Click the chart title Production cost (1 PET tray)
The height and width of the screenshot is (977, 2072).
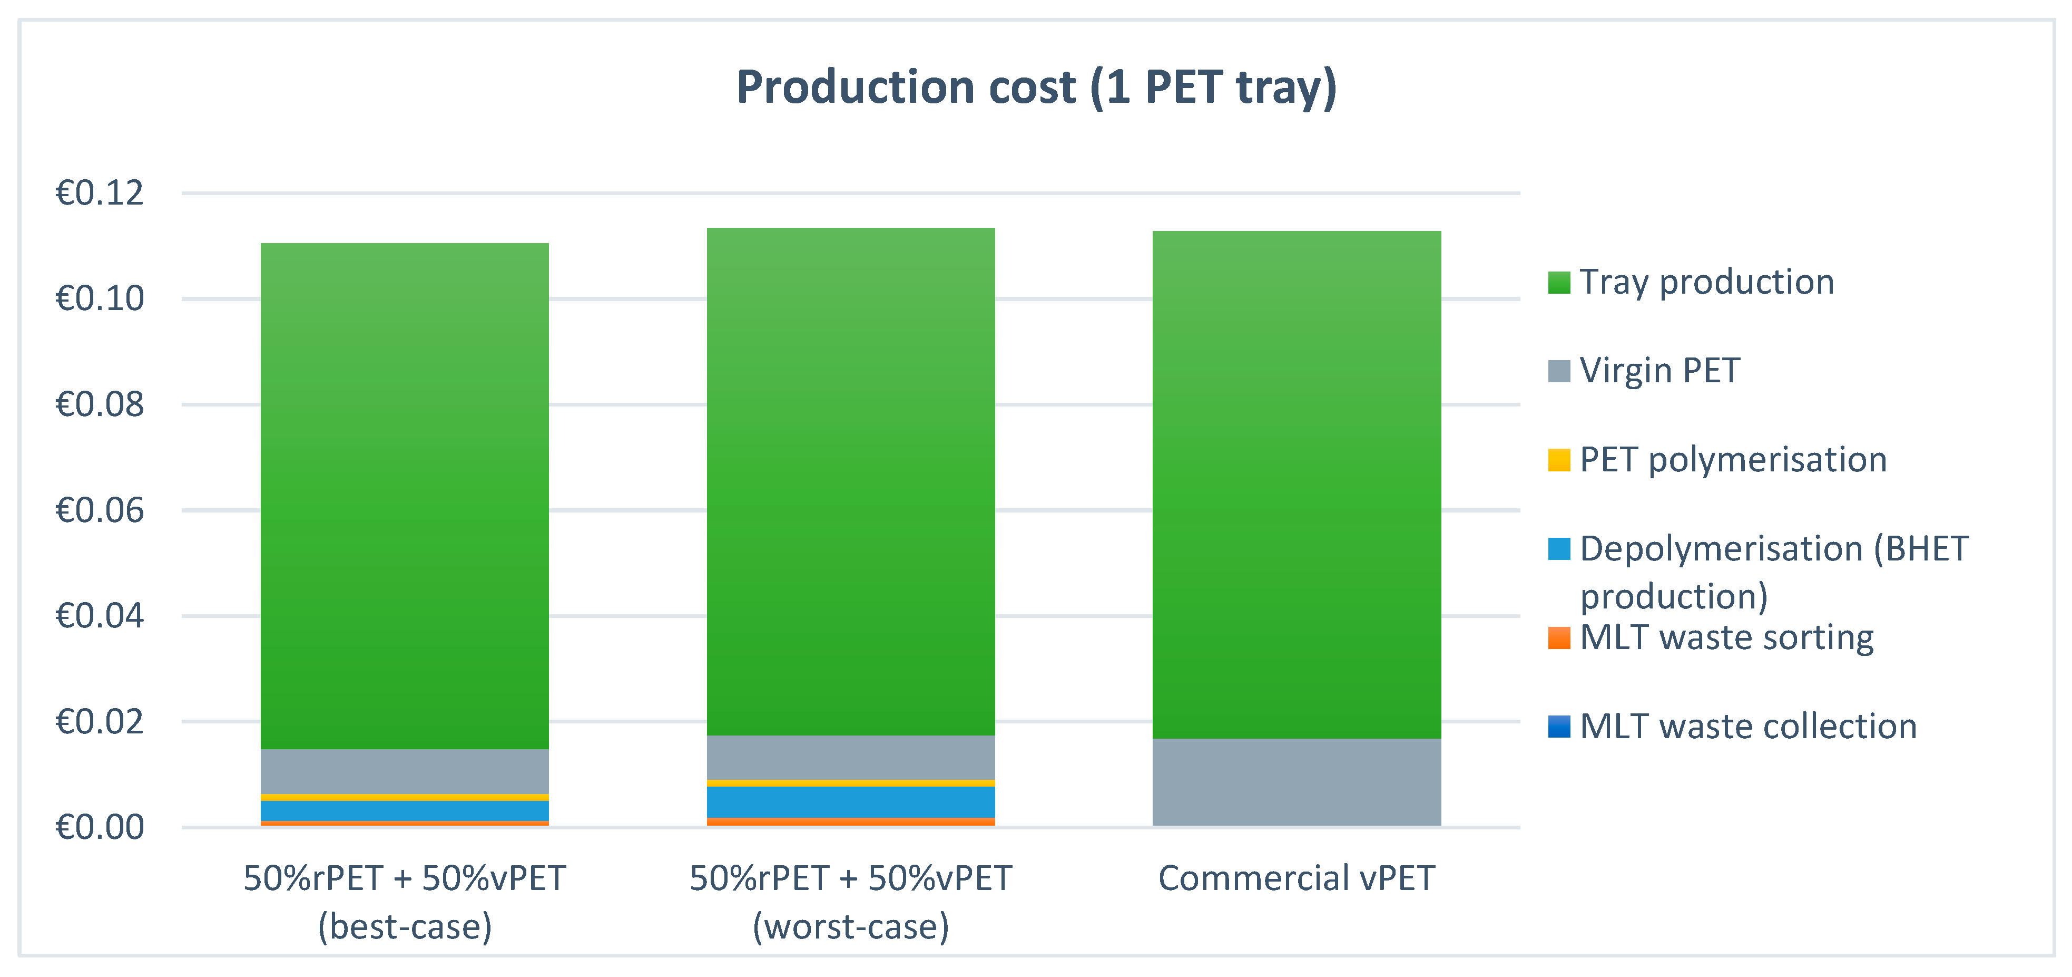1036,87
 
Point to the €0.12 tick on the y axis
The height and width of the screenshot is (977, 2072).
99,193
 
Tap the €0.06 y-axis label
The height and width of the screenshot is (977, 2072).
99,510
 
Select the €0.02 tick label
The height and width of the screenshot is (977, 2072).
99,722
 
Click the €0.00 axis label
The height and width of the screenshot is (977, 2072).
99,827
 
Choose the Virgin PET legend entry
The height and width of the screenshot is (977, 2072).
1658,371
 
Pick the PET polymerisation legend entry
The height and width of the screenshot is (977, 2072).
1732,460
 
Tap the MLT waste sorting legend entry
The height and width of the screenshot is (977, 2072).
1725,637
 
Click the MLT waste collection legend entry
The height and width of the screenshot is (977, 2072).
1747,726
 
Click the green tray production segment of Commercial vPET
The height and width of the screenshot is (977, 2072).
1296,483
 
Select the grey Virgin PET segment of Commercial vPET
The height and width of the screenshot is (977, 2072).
1296,781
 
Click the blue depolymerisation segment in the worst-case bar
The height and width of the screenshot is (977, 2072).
850,801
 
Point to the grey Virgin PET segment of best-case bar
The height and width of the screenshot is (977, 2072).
405,771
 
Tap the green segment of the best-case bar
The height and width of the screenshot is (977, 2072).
405,495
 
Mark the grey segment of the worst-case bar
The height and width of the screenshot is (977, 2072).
850,757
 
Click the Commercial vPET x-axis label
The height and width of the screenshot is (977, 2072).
1296,878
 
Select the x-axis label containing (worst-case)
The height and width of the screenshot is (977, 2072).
850,902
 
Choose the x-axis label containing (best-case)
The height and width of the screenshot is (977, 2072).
405,902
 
